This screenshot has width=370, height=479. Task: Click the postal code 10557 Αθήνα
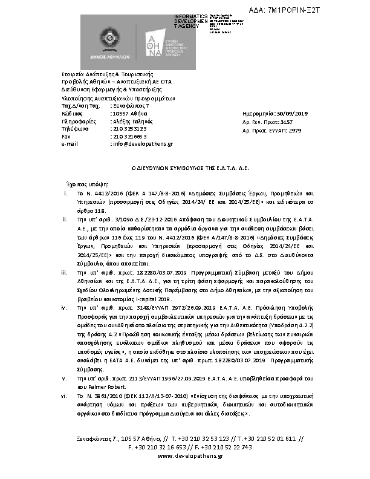click(129, 114)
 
